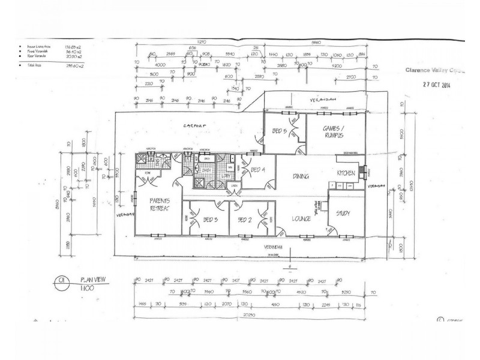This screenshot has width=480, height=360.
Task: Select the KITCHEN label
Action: tap(347, 173)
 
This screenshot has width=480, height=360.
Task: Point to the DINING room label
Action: tap(301, 176)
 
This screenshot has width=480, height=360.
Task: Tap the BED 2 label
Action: tap(244, 220)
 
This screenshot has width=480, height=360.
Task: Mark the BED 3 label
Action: tap(209, 220)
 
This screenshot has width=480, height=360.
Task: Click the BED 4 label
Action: tap(258, 169)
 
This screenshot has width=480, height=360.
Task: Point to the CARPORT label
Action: tap(194, 125)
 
